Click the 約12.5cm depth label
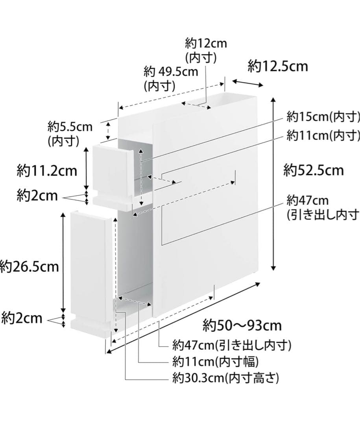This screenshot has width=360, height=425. click(278, 67)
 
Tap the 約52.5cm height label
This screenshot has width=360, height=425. click(313, 170)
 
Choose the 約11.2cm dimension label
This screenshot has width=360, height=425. click(47, 171)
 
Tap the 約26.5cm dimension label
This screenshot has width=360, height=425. click(29, 267)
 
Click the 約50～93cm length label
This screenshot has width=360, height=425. click(242, 325)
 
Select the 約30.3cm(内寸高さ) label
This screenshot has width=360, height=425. click(225, 378)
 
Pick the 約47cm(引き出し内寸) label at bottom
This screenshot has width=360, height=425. click(232, 346)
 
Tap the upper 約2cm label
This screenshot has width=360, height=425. click(37, 196)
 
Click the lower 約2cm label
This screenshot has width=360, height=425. click(22, 318)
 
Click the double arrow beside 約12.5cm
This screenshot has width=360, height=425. click(248, 83)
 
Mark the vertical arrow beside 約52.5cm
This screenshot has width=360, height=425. click(273, 184)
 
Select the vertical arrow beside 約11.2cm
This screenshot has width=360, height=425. click(87, 169)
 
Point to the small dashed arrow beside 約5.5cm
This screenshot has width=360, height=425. click(108, 131)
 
